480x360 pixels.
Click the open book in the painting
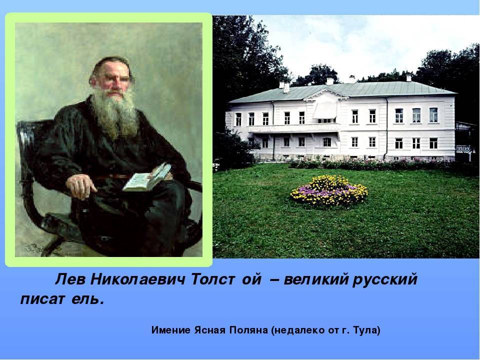147,177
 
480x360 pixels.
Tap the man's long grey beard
115,113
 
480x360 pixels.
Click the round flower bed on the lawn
329,190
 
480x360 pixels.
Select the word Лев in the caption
70,279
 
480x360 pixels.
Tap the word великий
316,279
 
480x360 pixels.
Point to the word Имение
171,330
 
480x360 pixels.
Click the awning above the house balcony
325,110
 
